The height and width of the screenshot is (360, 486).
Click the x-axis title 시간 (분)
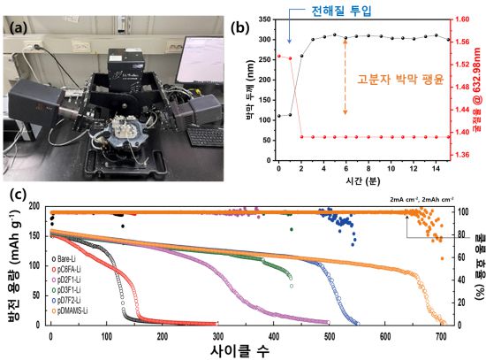point(361,180)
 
